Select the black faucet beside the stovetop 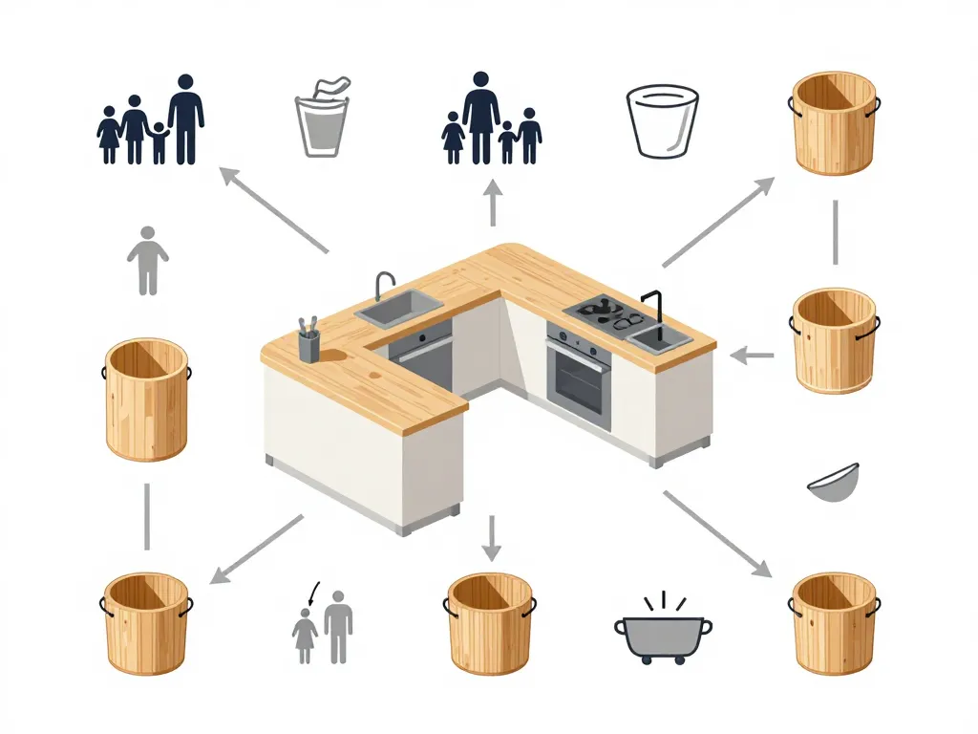pyautogui.click(x=655, y=309)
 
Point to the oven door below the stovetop pyautogui.click(x=579, y=379)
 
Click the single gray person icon pyautogui.click(x=147, y=260)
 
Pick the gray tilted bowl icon pyautogui.click(x=833, y=483)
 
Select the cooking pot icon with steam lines pyautogui.click(x=662, y=631)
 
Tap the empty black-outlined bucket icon pyautogui.click(x=662, y=120)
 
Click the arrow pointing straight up pyautogui.click(x=493, y=203)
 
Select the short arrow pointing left pyautogui.click(x=753, y=356)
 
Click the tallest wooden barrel pyautogui.click(x=146, y=400)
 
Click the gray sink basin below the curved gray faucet pyautogui.click(x=399, y=307)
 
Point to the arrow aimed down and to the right pyautogui.click(x=716, y=533)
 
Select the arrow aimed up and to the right pyautogui.click(x=718, y=222)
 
